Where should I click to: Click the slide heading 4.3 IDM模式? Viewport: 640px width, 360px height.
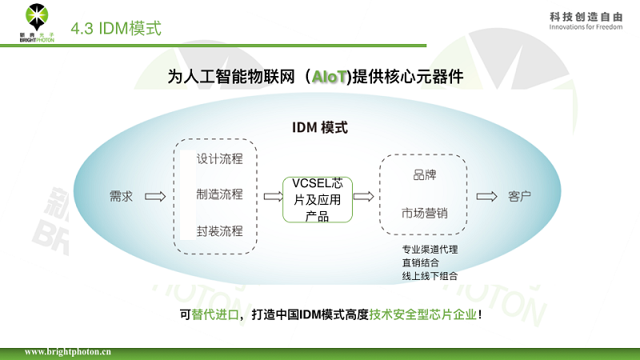[x=116, y=30]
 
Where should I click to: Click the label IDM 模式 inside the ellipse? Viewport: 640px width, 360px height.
[x=318, y=128]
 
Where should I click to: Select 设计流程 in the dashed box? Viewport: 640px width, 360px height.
[x=220, y=158]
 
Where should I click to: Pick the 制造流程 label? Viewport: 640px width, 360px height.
[x=220, y=194]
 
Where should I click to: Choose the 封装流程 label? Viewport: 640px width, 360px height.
[x=220, y=231]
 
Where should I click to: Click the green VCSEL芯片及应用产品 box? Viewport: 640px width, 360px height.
[x=317, y=199]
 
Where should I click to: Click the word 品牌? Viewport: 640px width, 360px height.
[x=424, y=175]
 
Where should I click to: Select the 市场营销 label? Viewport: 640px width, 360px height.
[x=424, y=213]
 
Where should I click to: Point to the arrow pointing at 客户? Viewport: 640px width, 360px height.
[x=485, y=196]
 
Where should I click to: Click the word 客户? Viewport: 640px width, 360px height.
[x=520, y=196]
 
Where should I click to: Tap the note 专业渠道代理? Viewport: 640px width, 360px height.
[x=430, y=249]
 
